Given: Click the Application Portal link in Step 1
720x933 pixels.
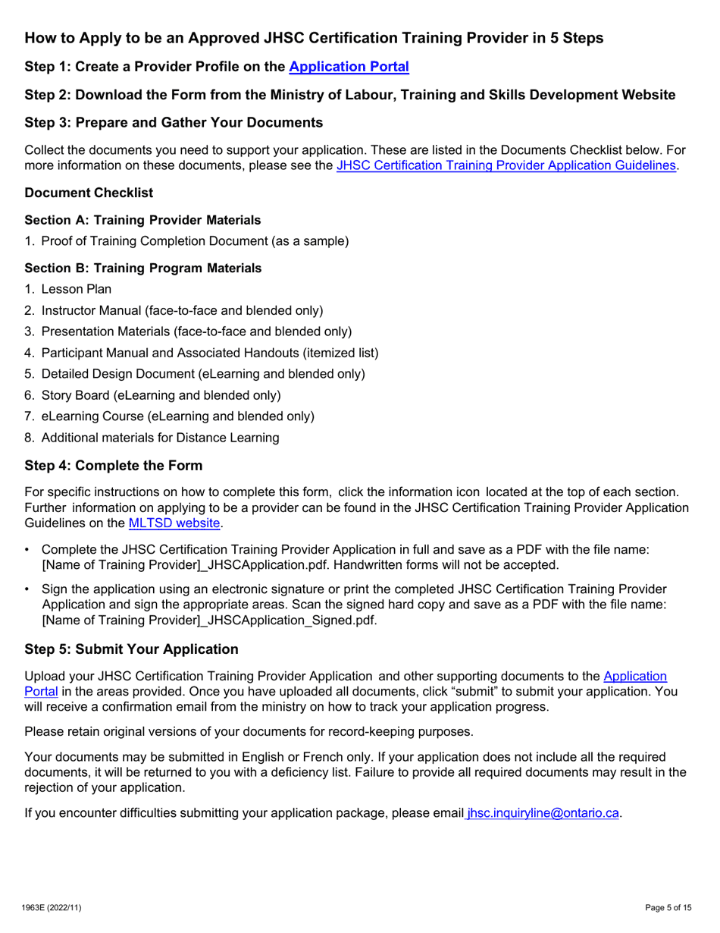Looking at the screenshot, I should click(x=349, y=67).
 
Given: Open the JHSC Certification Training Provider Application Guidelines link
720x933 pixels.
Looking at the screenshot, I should click(x=506, y=165).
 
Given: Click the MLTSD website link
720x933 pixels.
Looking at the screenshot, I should click(x=174, y=523).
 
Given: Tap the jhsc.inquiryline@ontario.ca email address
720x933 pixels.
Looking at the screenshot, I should click(x=543, y=813).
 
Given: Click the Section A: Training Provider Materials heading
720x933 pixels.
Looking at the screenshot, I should click(x=142, y=220).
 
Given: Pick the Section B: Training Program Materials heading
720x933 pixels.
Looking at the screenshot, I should click(x=143, y=268).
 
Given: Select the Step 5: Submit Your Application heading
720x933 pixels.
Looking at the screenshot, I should click(x=131, y=649).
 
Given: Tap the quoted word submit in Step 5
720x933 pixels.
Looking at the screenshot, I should click(x=472, y=691).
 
